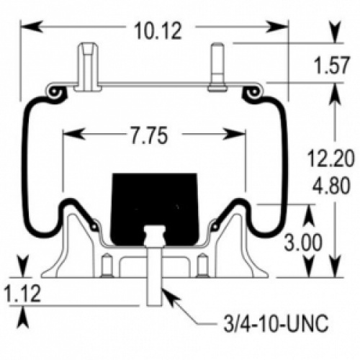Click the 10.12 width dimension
click(158, 31)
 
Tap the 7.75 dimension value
click(149, 135)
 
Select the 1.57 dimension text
click(332, 65)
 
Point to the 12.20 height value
click(330, 158)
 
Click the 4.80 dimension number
click(331, 185)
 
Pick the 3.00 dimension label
click(303, 242)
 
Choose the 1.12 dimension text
click(22, 294)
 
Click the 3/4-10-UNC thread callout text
click(276, 323)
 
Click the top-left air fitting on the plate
click(88, 67)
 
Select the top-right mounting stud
click(217, 67)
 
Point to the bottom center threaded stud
click(153, 276)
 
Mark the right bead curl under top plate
click(254, 92)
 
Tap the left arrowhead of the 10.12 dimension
click(30, 27)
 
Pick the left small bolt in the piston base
click(107, 265)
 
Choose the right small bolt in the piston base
click(202, 265)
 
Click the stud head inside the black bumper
click(154, 235)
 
